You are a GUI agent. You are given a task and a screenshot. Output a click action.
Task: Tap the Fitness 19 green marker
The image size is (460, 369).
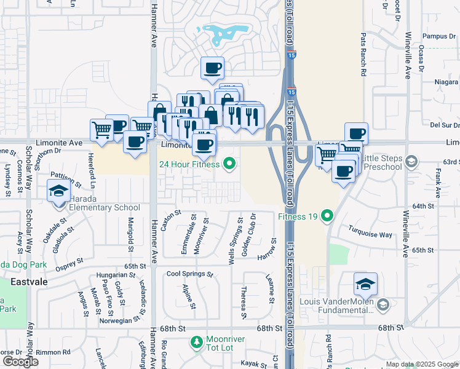click(x=327, y=216)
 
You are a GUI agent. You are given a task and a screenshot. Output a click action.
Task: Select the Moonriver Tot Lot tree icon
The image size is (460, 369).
click(x=196, y=341)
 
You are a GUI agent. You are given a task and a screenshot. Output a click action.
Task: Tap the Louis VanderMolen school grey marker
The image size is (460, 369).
click(x=383, y=305)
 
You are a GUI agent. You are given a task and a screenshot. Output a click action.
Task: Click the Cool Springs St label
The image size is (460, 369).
click(x=189, y=274)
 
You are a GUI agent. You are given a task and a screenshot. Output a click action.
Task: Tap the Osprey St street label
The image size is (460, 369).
click(x=69, y=264)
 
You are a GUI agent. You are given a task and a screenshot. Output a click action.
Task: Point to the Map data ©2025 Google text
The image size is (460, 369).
click(x=421, y=365)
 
